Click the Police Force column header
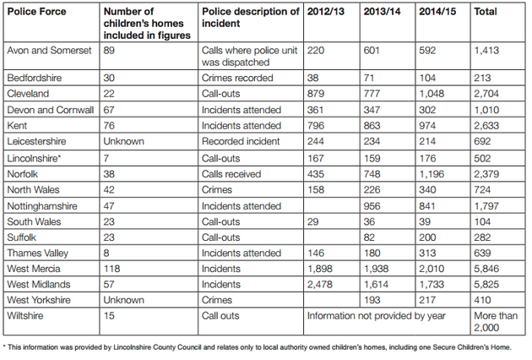(x=36, y=12)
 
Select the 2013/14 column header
(x=382, y=12)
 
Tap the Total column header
(x=486, y=12)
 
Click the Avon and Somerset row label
(x=49, y=51)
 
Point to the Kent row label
(x=17, y=126)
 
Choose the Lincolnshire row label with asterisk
(x=34, y=158)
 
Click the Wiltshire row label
(x=25, y=315)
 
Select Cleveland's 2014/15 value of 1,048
(x=432, y=94)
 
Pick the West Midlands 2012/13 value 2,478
(x=319, y=284)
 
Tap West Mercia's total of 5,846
(x=486, y=269)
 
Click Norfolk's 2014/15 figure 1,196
(x=432, y=174)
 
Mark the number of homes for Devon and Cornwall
(x=109, y=110)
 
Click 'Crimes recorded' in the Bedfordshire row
(x=237, y=78)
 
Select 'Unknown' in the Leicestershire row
(x=124, y=141)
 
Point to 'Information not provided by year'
(x=377, y=316)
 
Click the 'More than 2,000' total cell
(x=496, y=322)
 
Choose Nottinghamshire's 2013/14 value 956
(x=372, y=206)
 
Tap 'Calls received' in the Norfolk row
(x=231, y=174)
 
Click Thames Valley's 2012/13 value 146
(x=316, y=253)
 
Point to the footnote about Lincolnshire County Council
(x=258, y=347)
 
